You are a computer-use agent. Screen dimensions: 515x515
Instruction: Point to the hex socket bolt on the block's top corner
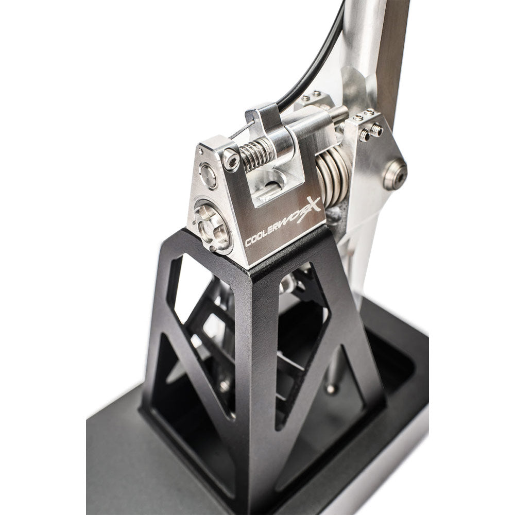pyautogui.click(x=231, y=160)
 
